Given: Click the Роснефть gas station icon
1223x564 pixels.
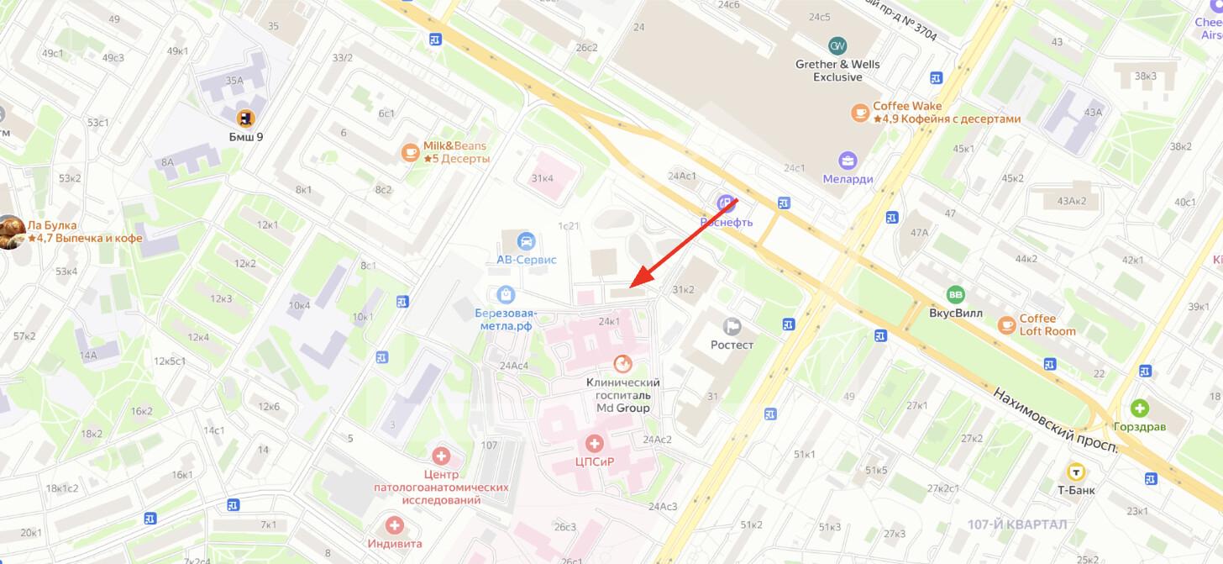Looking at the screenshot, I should pos(725,203).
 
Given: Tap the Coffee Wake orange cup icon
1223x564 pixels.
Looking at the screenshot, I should pos(859,112).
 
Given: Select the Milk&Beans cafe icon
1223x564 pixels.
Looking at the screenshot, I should pos(409,151).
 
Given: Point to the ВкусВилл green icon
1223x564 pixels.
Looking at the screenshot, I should pos(955,294).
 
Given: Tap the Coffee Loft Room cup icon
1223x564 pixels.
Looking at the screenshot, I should pos(1005,324).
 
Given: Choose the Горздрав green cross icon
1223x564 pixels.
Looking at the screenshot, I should pos(1139,409).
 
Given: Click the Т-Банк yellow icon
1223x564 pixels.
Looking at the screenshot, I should pos(1074,472).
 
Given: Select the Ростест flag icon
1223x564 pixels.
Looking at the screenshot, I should pos(732,326).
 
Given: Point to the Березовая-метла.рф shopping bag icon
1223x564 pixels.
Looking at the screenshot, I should pos(506,294).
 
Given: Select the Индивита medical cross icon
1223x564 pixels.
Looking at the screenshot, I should pos(394,527).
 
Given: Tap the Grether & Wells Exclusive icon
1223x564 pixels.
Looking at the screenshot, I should pos(837,45).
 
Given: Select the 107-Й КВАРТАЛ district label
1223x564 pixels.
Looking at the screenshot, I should pos(1016,524).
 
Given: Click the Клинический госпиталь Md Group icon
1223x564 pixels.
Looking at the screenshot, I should pos(622,363).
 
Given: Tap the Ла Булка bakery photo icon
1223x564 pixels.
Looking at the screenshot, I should pos(10,232).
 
